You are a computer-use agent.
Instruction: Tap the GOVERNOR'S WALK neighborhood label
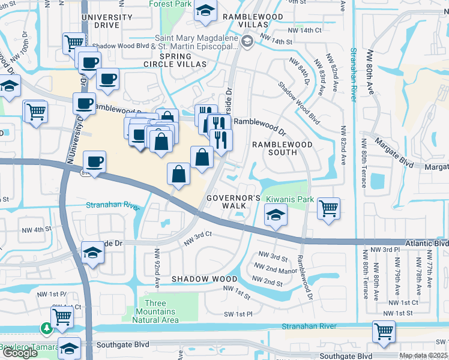pos(234,202)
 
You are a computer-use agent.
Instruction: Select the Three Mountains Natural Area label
pos(158,312)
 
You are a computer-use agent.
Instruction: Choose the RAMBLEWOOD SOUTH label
pos(282,149)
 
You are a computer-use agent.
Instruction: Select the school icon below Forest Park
pos(206,11)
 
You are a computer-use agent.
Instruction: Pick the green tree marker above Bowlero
pos(46,328)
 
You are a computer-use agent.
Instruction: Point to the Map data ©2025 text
pos(423,355)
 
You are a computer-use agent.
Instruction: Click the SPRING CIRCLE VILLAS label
pos(175,59)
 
